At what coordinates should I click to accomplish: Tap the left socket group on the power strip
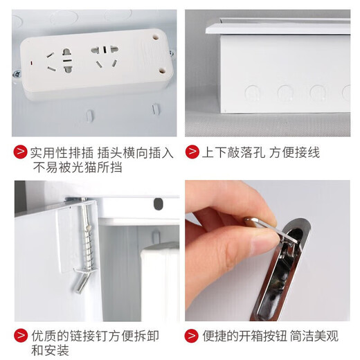tap(59, 61)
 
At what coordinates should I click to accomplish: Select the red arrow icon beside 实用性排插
tap(21, 153)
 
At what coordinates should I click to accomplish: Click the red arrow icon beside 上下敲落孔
tap(192, 153)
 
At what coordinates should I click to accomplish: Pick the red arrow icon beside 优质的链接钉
tap(21, 336)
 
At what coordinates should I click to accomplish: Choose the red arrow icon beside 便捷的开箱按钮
tap(192, 336)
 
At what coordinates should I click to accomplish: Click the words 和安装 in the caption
tap(50, 351)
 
